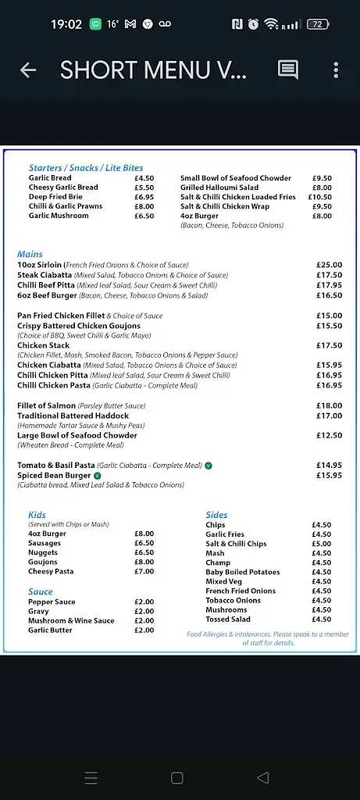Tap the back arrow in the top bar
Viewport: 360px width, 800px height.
click(x=28, y=70)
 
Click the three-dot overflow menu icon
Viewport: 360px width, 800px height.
click(x=336, y=70)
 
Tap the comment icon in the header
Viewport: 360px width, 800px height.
click(x=288, y=70)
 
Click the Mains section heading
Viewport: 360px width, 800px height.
click(x=30, y=255)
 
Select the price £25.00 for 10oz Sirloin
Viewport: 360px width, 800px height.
click(x=329, y=266)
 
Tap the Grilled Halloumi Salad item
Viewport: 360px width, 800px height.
click(x=219, y=187)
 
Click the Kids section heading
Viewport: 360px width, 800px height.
click(x=37, y=515)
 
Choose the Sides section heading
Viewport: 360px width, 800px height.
click(x=216, y=515)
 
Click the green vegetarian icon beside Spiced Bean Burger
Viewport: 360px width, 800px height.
click(x=97, y=475)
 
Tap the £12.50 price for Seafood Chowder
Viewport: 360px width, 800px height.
click(x=329, y=435)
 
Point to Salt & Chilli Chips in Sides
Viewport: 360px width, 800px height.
click(x=236, y=544)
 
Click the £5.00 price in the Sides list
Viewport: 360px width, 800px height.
click(x=321, y=544)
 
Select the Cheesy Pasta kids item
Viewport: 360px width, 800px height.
click(x=51, y=572)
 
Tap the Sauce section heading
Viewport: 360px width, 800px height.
click(x=41, y=592)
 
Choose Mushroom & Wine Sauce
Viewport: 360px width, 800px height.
click(x=71, y=621)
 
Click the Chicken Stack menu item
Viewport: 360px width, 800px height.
click(x=44, y=345)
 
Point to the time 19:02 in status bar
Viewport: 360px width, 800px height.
click(x=66, y=24)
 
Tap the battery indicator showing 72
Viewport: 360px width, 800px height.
click(x=318, y=24)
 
